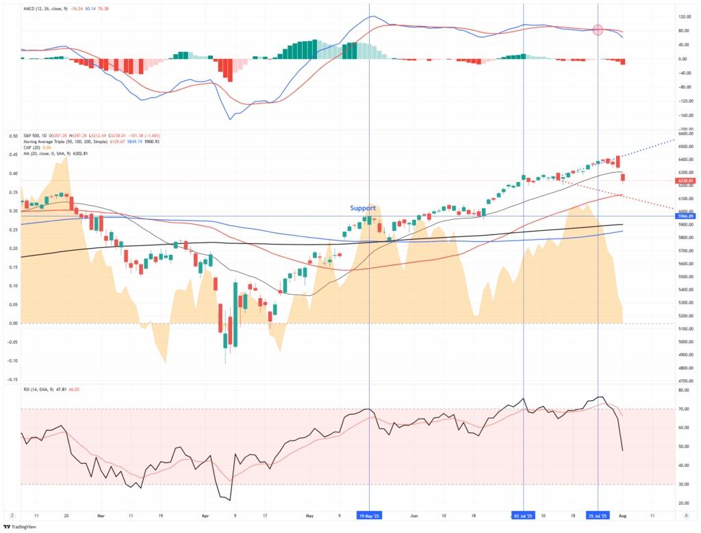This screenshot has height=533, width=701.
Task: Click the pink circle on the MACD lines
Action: tap(598, 30)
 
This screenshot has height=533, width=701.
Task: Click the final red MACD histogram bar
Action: tap(624, 62)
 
